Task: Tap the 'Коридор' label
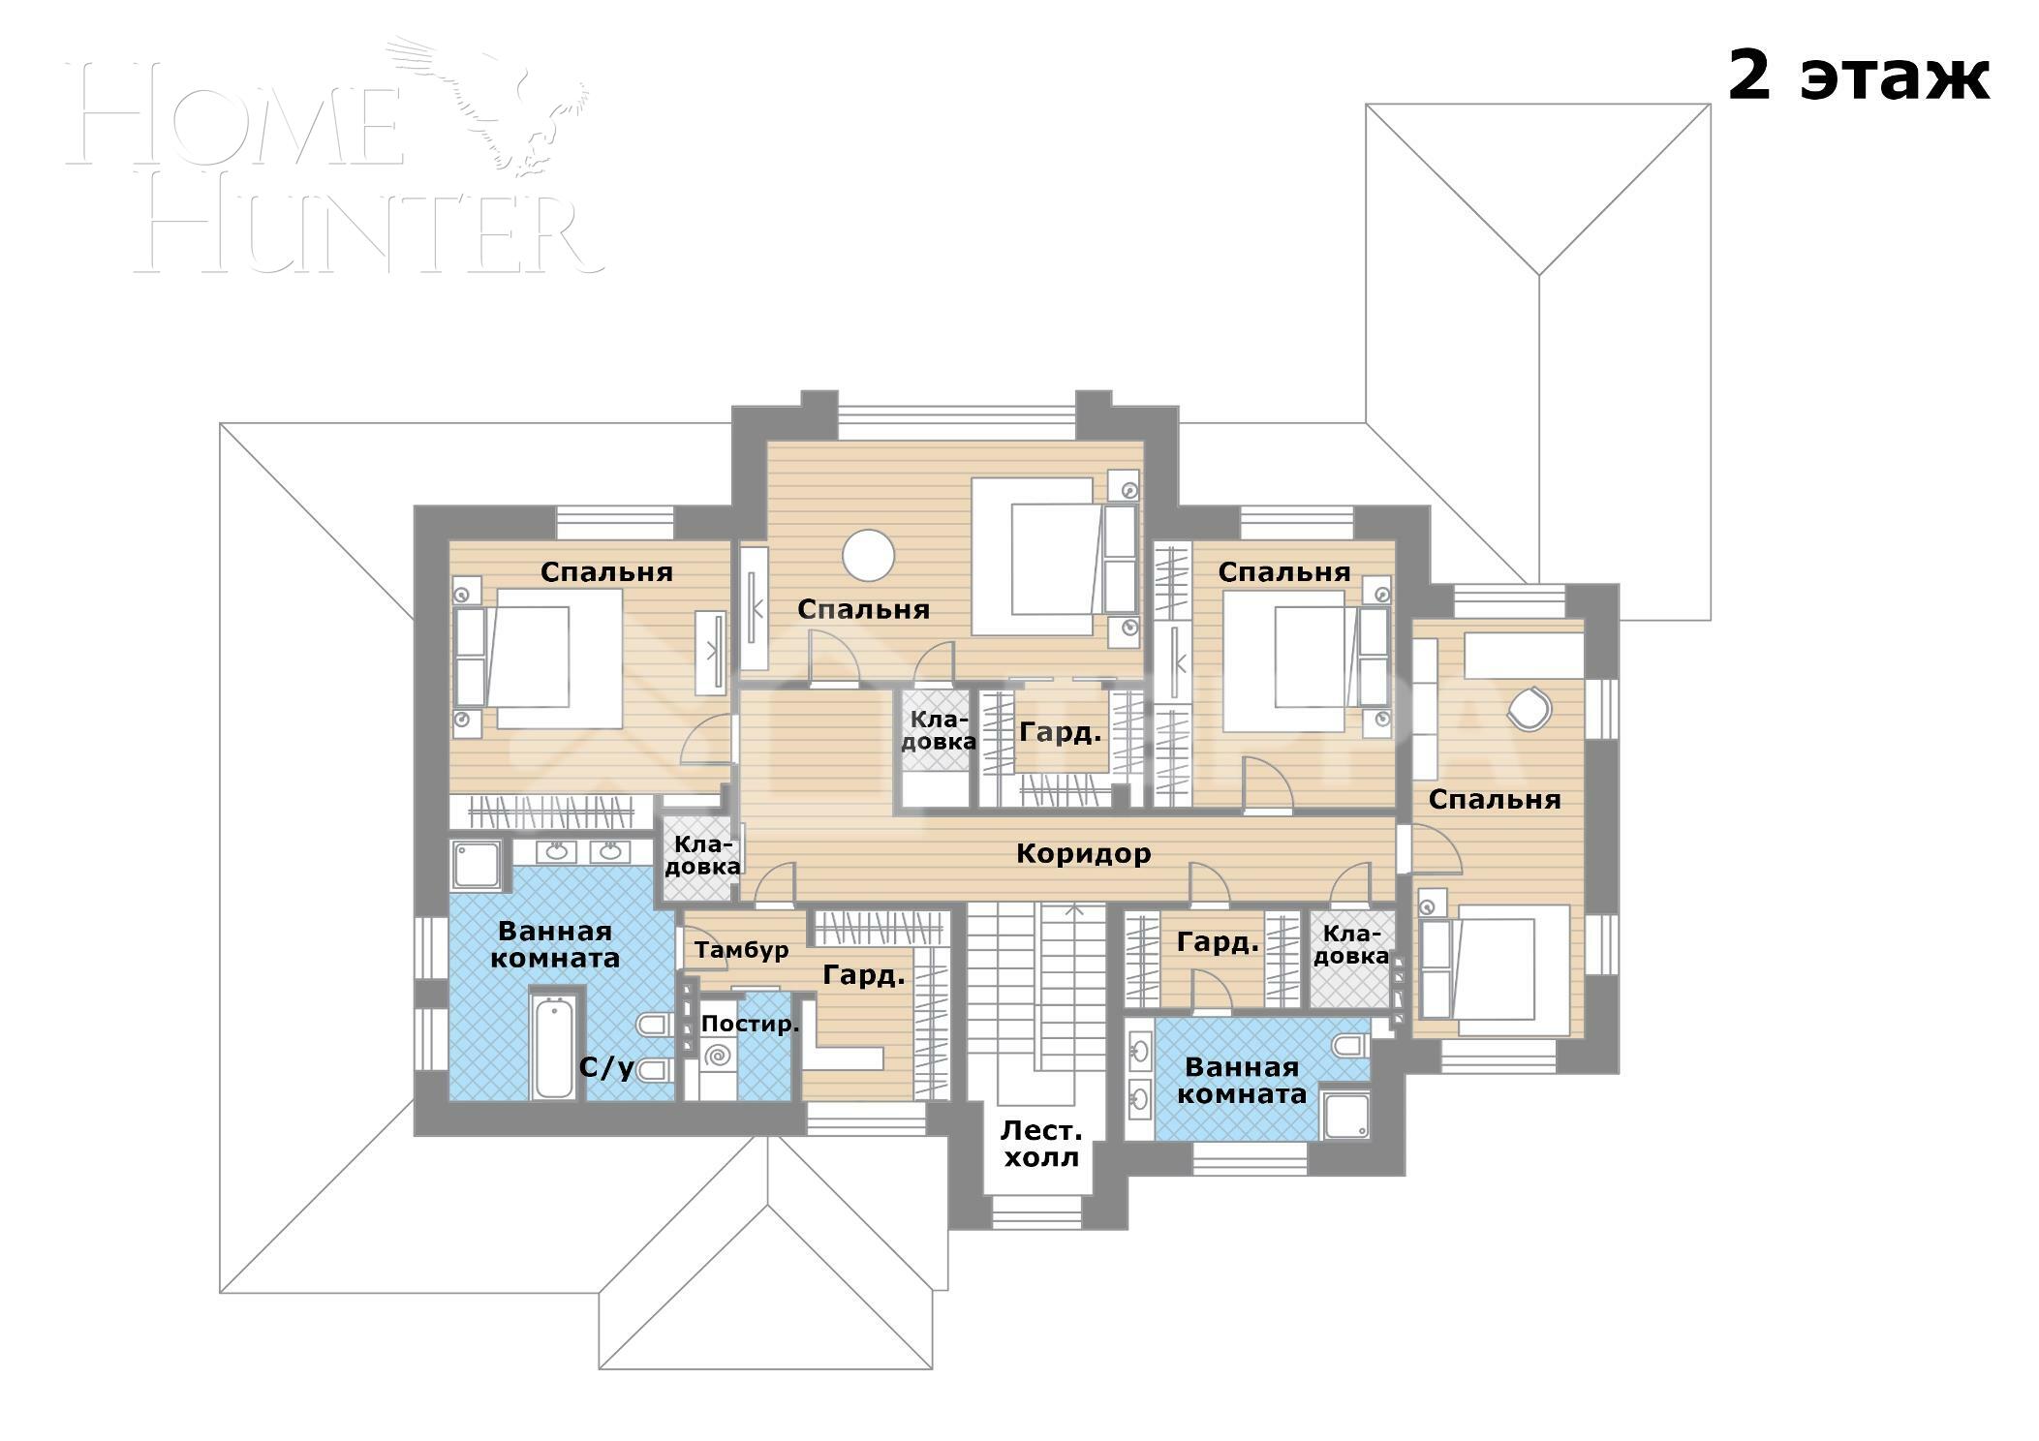[x=1083, y=853]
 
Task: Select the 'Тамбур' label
[x=741, y=950]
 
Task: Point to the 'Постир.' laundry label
[x=750, y=1024]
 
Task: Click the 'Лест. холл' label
[x=1041, y=1144]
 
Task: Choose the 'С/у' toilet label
[x=606, y=1068]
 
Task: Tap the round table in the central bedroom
[x=868, y=555]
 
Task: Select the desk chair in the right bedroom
[x=1529, y=707]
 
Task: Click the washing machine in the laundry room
[x=718, y=1056]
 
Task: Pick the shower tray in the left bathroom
[x=476, y=864]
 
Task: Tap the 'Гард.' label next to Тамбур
[x=863, y=975]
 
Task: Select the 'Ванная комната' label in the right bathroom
[x=1241, y=1081]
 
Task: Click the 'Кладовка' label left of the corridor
[x=702, y=855]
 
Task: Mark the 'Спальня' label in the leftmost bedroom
[x=606, y=571]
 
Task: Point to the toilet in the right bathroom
[x=1349, y=1045]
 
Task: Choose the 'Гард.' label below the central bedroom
[x=1061, y=732]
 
